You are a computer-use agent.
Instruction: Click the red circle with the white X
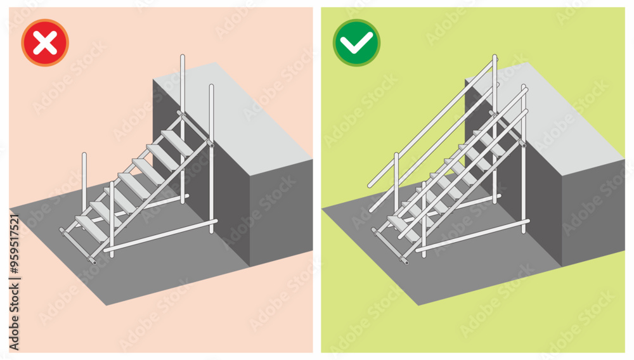point(45,42)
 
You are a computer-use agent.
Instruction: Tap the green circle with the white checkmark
point(357,42)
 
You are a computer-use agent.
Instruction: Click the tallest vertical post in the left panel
point(183,127)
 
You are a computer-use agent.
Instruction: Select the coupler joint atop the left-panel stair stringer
point(210,144)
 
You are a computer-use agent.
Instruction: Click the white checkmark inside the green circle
point(357,43)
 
